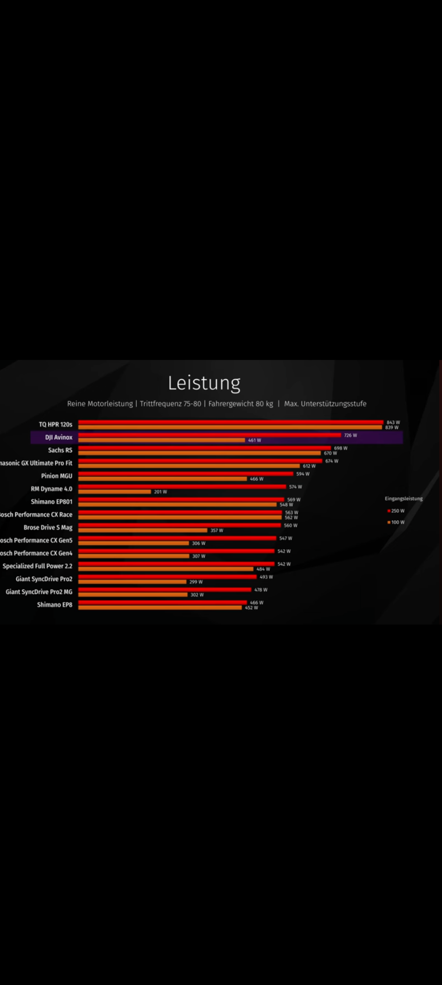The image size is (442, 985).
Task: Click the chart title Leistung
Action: tap(204, 383)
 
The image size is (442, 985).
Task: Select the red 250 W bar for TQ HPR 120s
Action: tap(230, 422)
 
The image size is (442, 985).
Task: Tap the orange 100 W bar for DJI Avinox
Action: tap(161, 440)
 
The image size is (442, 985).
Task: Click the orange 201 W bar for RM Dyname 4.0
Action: tap(114, 492)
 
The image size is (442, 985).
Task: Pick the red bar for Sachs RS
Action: tap(204, 448)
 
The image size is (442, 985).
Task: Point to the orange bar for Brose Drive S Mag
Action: tap(143, 530)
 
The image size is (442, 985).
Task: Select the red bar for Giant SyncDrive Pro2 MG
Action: tap(164, 590)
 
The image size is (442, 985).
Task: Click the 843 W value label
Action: tap(393, 423)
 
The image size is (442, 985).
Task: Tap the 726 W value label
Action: tap(350, 435)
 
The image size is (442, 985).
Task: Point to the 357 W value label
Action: tap(217, 530)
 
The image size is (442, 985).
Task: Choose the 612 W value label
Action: tap(309, 466)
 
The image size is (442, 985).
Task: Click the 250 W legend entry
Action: tap(396, 511)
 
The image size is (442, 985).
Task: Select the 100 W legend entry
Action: tap(396, 522)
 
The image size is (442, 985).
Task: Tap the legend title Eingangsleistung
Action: tap(404, 498)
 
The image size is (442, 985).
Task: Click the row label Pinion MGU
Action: tap(57, 476)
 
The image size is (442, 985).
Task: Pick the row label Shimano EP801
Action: tap(52, 501)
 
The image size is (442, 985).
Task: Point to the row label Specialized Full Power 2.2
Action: tap(37, 566)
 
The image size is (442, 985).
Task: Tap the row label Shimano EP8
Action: tap(55, 604)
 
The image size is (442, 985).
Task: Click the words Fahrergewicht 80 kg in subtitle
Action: tap(241, 404)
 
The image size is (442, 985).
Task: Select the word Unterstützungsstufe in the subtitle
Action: tap(334, 404)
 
